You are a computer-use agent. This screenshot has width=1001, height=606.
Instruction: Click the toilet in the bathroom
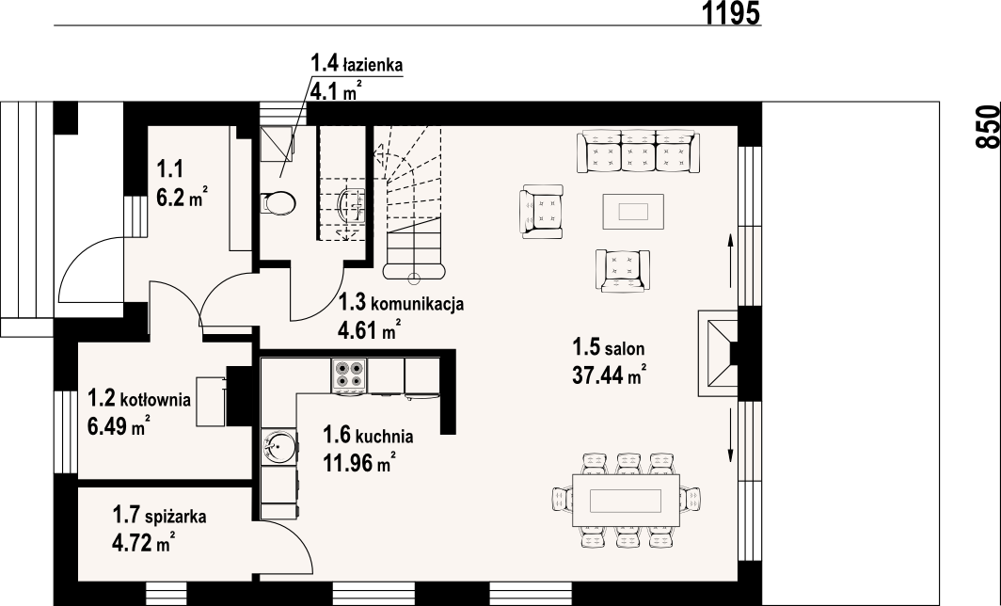click(279, 203)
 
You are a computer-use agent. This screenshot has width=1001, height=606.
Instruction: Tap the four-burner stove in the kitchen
click(348, 375)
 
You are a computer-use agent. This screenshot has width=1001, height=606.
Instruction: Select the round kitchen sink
click(279, 446)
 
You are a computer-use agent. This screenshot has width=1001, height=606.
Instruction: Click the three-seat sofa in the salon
click(638, 151)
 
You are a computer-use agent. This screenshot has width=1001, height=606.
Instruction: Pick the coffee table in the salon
click(633, 212)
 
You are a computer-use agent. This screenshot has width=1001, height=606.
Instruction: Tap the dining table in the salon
click(626, 500)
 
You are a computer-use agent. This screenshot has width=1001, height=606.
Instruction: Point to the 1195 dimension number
click(732, 13)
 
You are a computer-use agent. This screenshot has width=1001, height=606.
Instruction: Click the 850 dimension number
click(988, 126)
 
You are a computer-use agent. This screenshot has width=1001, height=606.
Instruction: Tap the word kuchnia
click(384, 437)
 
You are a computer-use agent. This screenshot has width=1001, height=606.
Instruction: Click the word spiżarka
click(176, 516)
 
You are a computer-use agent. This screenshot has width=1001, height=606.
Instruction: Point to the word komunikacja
click(417, 303)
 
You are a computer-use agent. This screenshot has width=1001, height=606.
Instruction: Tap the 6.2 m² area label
click(183, 198)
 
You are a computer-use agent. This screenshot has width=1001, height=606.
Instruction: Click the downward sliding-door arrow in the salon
click(730, 436)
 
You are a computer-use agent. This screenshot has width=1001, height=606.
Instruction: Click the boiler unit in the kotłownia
click(211, 402)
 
